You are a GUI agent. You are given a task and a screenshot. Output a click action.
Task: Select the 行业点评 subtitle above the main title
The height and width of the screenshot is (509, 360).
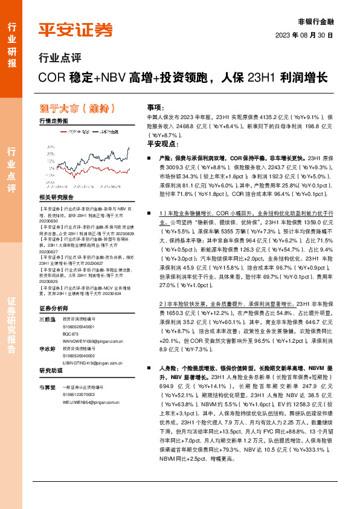pyautogui.click(x=59, y=59)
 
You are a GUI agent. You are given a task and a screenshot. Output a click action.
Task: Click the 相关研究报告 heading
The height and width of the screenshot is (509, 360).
pyautogui.click(x=56, y=198)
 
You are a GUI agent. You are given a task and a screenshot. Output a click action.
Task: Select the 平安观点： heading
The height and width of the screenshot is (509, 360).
pyautogui.click(x=160, y=144)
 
